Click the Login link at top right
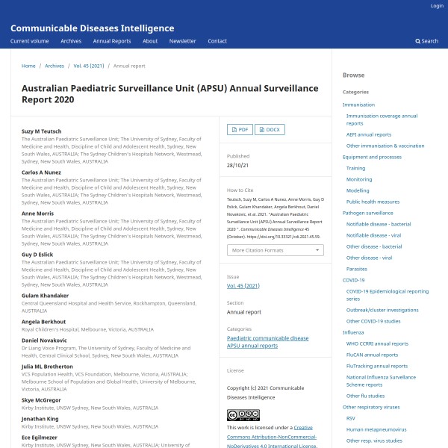point(437,6)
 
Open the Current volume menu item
point(30,41)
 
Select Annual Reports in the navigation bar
point(112,41)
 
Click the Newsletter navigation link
point(182,41)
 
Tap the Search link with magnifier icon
point(427,41)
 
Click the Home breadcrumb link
point(28,66)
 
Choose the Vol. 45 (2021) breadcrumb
point(88,66)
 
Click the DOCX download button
point(270,129)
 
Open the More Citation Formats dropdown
point(275,250)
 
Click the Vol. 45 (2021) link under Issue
point(243,286)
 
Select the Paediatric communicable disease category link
point(267,338)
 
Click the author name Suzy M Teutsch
point(43,131)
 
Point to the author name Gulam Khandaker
point(45,296)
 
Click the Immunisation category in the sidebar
point(358,105)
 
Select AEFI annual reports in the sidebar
point(368,134)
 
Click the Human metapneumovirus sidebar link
point(376,429)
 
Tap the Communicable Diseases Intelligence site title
point(93,28)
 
